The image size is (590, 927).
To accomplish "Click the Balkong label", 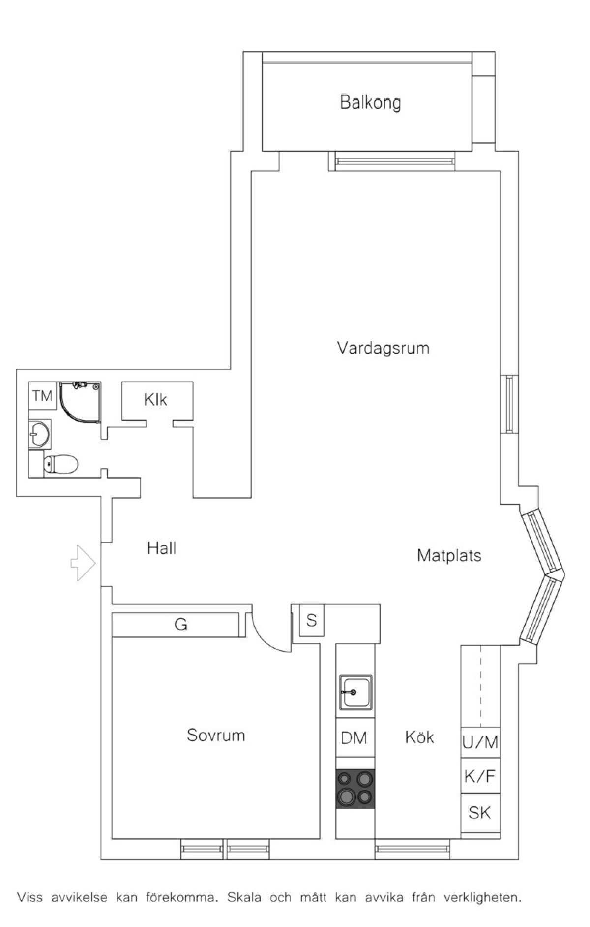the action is pos(370,103).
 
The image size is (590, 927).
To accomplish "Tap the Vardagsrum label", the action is pos(383,348).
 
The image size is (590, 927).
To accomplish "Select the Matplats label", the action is pos(449,555).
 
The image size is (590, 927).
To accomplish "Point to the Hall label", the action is pos(162,548).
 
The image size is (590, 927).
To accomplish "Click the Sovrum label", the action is pos(216,735).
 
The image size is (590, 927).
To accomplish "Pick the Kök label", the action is pos(419,736).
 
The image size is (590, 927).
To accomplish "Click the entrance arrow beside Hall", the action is pos(83,563).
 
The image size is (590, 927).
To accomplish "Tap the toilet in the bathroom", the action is pos(61,463).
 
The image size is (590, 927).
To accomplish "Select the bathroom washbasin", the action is pos(40,434).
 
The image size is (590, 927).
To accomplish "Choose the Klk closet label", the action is pos(155,400).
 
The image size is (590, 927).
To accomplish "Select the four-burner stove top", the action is pos(355,789).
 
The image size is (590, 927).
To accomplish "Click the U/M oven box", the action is pos(480,742).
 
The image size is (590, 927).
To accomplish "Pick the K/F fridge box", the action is pos(480,776).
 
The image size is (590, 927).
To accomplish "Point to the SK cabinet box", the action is pos(480,813).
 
